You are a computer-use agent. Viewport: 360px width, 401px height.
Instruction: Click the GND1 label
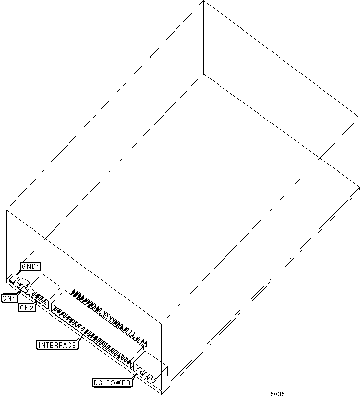click(x=31, y=266)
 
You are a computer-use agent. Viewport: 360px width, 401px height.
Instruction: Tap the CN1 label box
click(x=10, y=298)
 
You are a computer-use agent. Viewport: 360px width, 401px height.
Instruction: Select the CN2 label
click(x=26, y=308)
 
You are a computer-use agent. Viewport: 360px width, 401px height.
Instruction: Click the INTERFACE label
click(x=57, y=345)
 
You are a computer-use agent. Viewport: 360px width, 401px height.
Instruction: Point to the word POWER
click(x=118, y=383)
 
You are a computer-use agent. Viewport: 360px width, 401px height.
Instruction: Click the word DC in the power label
click(x=98, y=383)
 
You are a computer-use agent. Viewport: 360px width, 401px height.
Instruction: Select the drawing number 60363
click(x=279, y=394)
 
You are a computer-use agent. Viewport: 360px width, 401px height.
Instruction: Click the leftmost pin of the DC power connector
click(x=137, y=369)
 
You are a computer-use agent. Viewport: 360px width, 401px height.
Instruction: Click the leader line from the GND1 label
click(x=17, y=272)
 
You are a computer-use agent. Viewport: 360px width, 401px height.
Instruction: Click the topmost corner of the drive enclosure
click(x=203, y=1)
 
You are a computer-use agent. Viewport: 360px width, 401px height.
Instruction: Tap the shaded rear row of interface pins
click(x=109, y=317)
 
